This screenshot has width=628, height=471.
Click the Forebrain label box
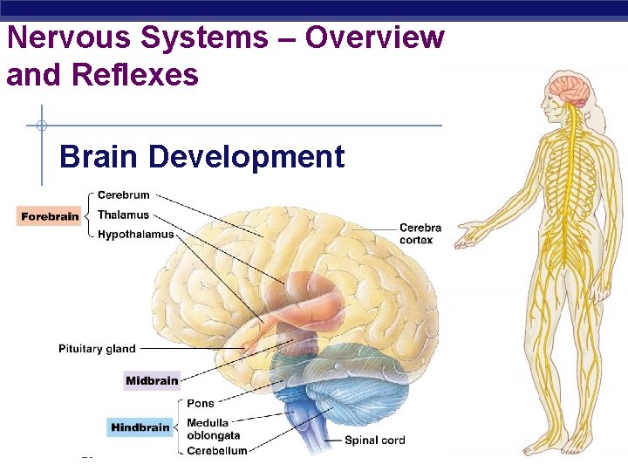(x=50, y=215)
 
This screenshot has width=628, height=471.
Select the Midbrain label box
(x=152, y=380)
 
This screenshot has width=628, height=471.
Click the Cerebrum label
(x=123, y=195)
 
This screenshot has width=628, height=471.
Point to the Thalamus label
(x=123, y=215)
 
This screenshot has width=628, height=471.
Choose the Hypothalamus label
(x=135, y=234)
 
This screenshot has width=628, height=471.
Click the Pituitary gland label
(x=97, y=349)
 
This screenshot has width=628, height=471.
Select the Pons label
(x=201, y=404)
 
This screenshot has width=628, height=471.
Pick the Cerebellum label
(x=217, y=450)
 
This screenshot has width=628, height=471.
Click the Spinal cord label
(x=374, y=440)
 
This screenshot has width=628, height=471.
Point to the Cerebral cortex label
(x=420, y=234)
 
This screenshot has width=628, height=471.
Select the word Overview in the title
(x=374, y=38)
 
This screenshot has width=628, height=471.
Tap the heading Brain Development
(x=201, y=157)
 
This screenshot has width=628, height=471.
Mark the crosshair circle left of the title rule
(x=42, y=125)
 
